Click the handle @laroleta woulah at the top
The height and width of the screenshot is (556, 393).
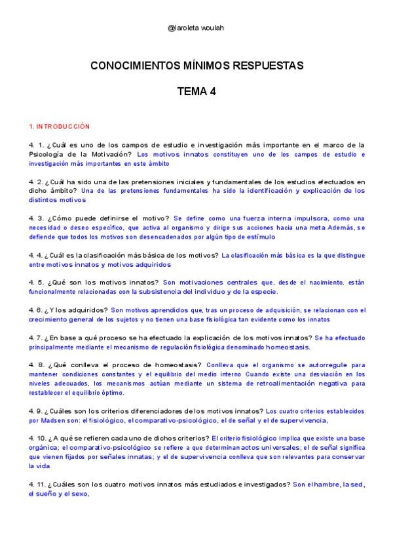[x=196, y=28]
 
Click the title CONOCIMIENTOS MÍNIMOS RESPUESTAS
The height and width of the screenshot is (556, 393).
[x=196, y=66]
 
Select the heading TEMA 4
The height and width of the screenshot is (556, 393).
[x=196, y=92]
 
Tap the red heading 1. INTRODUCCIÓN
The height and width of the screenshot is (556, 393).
[x=59, y=126]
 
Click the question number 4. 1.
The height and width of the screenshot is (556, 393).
[x=36, y=144]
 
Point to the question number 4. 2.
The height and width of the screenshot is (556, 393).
[x=36, y=181]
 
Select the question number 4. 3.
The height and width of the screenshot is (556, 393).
[x=36, y=218]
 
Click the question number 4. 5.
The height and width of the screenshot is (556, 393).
[x=36, y=282]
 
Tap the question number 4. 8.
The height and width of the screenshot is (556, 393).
[x=36, y=364]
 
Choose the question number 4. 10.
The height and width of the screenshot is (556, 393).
[x=38, y=437]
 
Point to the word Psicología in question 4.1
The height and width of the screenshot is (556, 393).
[x=46, y=154]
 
